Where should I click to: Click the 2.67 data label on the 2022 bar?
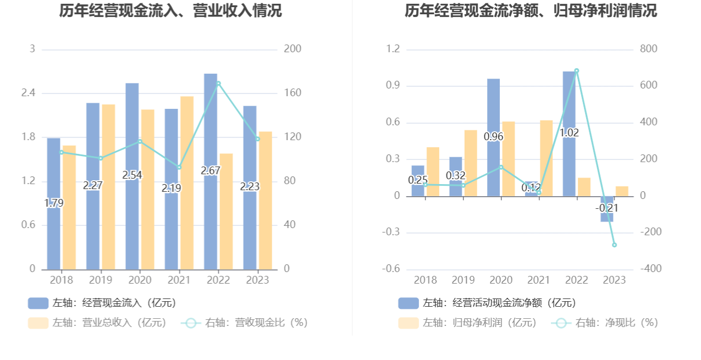[211, 171]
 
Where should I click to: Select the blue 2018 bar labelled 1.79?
[53, 203]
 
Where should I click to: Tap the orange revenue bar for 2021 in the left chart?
[187, 183]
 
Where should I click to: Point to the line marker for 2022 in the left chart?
[218, 84]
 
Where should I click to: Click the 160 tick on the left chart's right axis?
[292, 93]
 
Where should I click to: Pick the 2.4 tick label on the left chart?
[28, 93]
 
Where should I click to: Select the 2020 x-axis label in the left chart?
[140, 280]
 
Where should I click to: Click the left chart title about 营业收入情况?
[170, 10]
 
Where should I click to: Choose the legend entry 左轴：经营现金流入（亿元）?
[102, 303]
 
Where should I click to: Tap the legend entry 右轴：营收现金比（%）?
[245, 323]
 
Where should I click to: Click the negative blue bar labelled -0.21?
[607, 209]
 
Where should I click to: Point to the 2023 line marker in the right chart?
[614, 245]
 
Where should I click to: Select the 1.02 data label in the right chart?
[569, 133]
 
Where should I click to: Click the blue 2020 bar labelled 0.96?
[494, 137]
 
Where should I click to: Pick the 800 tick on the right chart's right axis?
[648, 49]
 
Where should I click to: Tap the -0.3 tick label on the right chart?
[391, 232]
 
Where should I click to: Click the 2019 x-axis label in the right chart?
[463, 280]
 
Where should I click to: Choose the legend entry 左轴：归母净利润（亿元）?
[467, 323]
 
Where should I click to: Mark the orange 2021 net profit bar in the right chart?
[547, 158]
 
